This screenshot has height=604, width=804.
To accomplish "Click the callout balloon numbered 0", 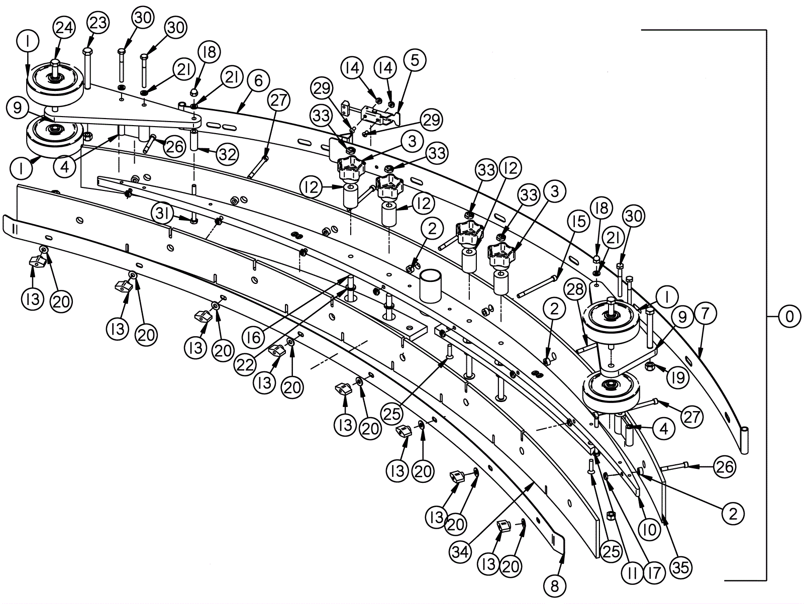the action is pyautogui.click(x=789, y=317).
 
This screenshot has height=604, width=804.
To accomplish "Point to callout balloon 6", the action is pyautogui.click(x=258, y=81).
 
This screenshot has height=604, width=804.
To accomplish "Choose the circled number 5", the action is pyautogui.click(x=415, y=60).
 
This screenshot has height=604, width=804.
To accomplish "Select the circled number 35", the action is pyautogui.click(x=681, y=567).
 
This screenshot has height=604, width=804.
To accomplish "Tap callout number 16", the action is pyautogui.click(x=254, y=337).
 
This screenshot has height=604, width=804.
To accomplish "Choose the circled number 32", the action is pyautogui.click(x=228, y=155).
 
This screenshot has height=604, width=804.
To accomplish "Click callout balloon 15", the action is pyautogui.click(x=579, y=221).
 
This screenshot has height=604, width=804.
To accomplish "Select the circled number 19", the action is pyautogui.click(x=678, y=377).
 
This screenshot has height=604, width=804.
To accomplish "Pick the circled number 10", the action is pyautogui.click(x=649, y=530).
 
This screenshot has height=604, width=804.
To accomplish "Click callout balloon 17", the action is pyautogui.click(x=654, y=572).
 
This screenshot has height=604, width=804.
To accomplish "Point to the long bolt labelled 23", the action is pyautogui.click(x=87, y=70).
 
